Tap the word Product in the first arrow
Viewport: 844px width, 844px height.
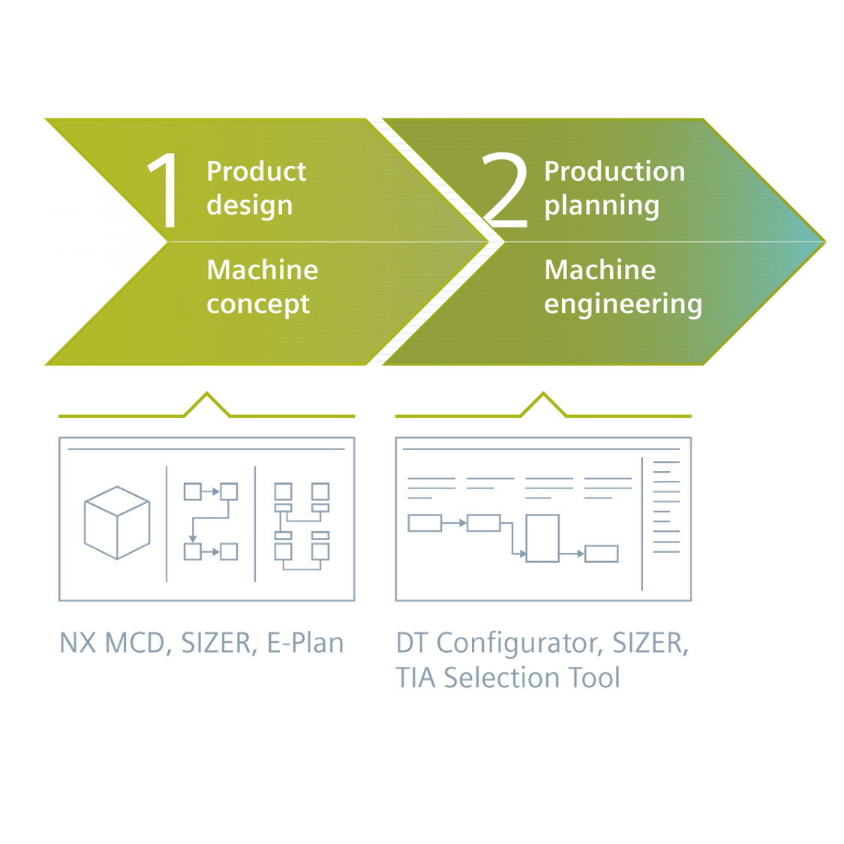[257, 172]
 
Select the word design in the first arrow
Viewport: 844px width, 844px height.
[250, 206]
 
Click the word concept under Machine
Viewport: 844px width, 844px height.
[258, 304]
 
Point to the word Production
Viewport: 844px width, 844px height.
[614, 172]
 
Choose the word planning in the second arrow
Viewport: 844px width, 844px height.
[602, 206]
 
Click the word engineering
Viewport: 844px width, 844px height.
[623, 305]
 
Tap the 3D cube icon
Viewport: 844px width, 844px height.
[116, 523]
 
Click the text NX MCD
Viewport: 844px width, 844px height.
[112, 643]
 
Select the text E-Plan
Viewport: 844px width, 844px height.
[305, 643]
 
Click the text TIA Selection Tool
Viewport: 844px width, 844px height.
[507, 678]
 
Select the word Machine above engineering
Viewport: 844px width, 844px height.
[599, 270]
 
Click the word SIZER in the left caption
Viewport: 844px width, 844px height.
[216, 643]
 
